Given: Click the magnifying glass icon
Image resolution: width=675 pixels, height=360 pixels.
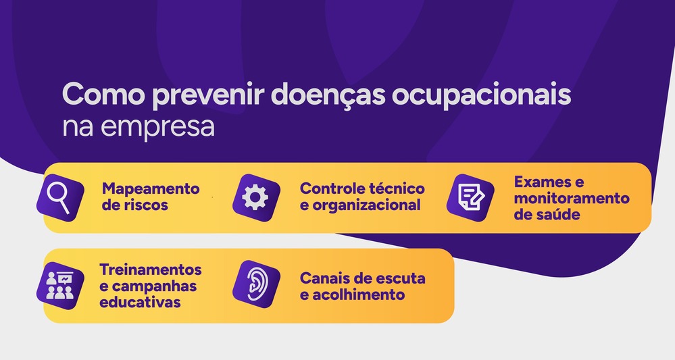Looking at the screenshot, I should point(60,195).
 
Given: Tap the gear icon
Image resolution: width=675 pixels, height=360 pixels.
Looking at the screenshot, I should point(255,197).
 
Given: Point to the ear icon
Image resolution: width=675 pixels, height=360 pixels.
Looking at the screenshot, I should point(255,284).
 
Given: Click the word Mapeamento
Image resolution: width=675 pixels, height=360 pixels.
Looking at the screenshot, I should point(151,188).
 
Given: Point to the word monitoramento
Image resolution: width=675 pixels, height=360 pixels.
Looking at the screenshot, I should point(572,199).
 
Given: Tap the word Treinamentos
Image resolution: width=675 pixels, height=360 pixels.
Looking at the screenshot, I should point(151,269).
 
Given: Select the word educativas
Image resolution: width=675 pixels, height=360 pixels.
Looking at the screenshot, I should point(140,302).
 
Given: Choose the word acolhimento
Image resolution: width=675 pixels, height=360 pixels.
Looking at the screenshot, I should point(360,294).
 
